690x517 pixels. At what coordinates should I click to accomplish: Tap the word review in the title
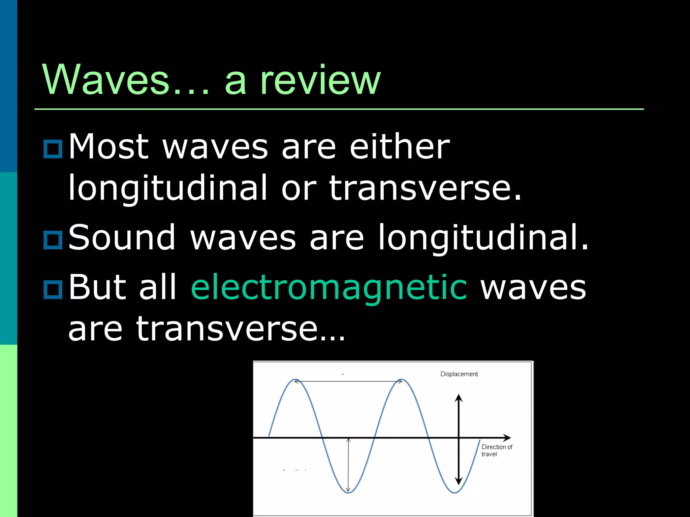(x=320, y=80)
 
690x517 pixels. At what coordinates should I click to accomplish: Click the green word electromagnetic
(x=329, y=287)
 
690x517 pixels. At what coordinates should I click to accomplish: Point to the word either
(x=400, y=147)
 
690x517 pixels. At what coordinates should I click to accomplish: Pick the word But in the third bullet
(x=97, y=287)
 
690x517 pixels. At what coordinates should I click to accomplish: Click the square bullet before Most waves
(x=53, y=148)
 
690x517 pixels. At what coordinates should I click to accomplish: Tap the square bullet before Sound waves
(x=53, y=240)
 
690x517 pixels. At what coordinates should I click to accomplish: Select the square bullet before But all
(x=53, y=289)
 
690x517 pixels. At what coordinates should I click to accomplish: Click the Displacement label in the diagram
(x=459, y=374)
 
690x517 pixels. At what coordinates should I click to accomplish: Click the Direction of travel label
(x=496, y=450)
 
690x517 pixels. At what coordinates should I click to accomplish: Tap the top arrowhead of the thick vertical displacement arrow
(x=459, y=398)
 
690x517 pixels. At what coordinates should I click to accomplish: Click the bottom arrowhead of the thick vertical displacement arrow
(x=459, y=480)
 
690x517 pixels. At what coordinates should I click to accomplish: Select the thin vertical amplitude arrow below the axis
(x=348, y=464)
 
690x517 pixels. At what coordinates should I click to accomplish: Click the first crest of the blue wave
(x=295, y=380)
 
